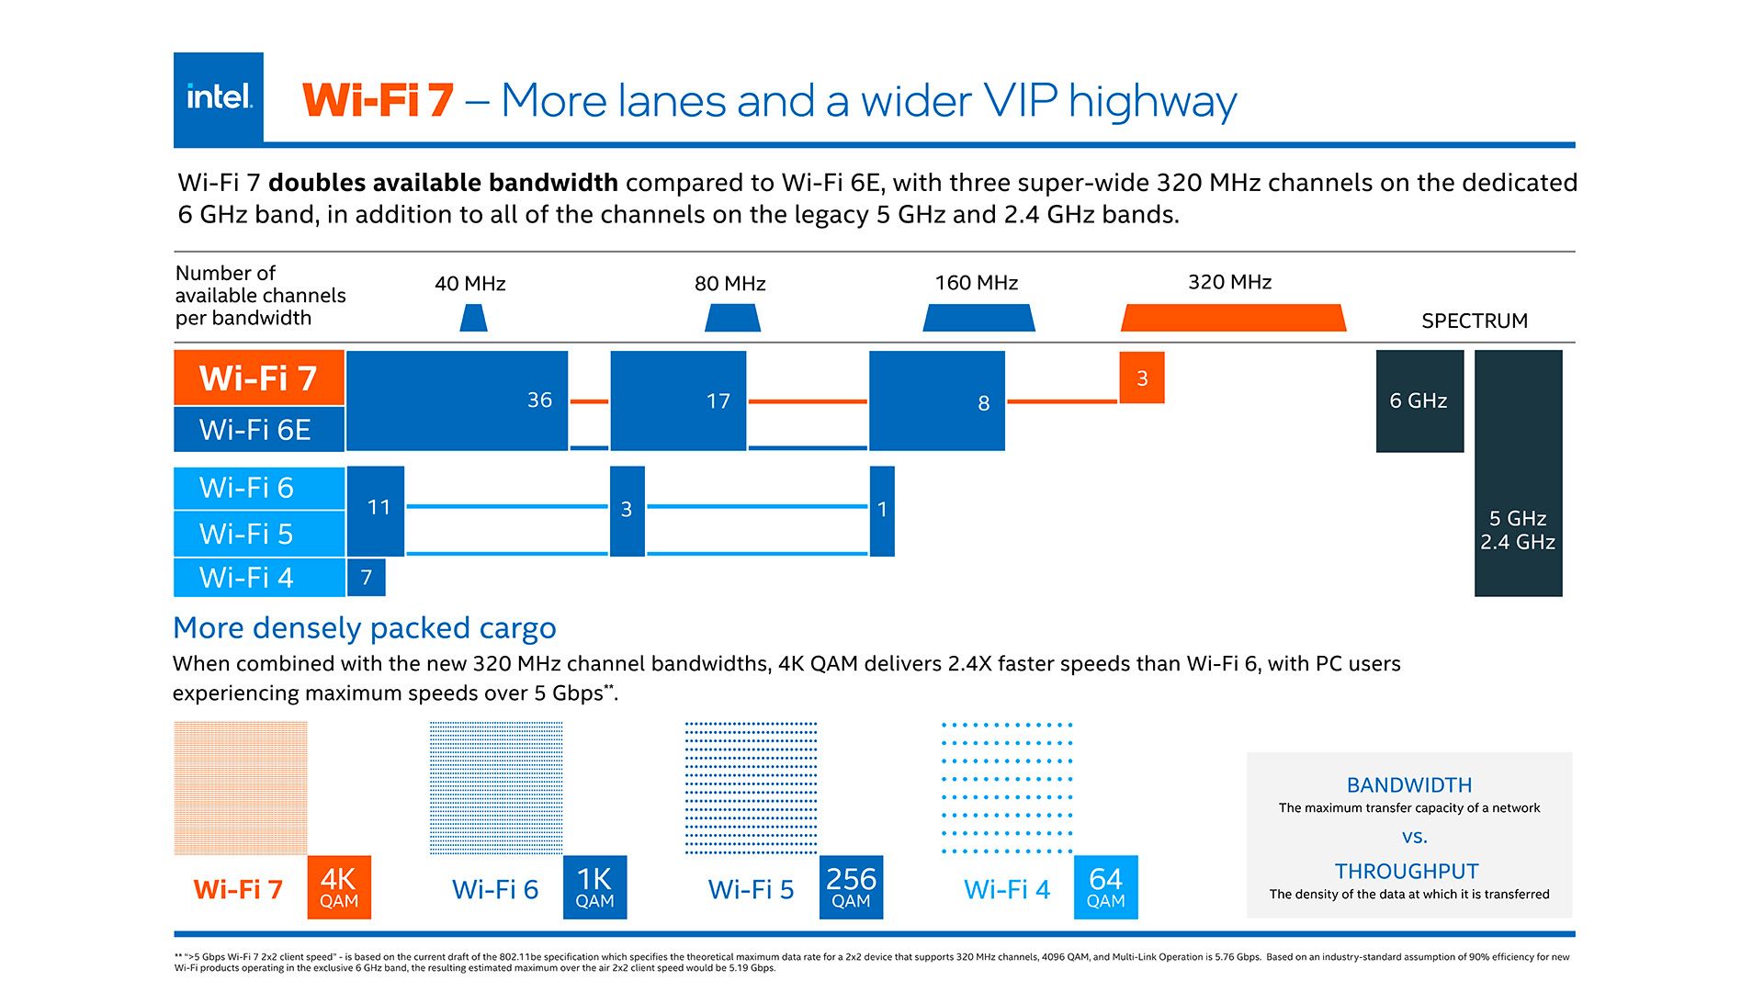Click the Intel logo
[x=219, y=96]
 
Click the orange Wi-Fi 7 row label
[x=258, y=378]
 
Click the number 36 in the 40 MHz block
[x=539, y=400]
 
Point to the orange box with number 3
[x=1142, y=378]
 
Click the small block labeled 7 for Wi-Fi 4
[x=366, y=578]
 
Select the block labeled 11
[x=378, y=508]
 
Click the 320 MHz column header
[x=1229, y=282]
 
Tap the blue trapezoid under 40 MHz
[x=472, y=319]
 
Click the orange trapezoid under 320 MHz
[x=1233, y=319]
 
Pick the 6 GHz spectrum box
[x=1419, y=401]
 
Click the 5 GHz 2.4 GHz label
[x=1517, y=530]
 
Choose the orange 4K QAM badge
[x=339, y=887]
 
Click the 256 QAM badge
[x=851, y=887]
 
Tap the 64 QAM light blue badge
[x=1105, y=887]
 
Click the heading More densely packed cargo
[x=364, y=627]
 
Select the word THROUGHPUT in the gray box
[x=1407, y=871]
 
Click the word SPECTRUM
[x=1474, y=321]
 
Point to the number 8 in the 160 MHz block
[x=983, y=403]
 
